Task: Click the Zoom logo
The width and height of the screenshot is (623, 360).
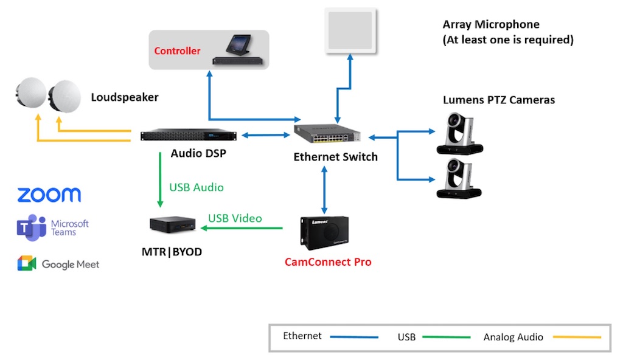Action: coord(49,195)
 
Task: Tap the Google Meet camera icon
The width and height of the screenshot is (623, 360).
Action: coord(27,264)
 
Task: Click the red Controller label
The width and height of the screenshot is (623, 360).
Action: coord(177,51)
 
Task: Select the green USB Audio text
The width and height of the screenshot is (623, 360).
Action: coord(196,187)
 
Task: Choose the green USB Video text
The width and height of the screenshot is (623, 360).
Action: coord(235,218)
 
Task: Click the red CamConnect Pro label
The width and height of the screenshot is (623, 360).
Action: coord(328,262)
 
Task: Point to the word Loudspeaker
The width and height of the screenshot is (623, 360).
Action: coord(125,97)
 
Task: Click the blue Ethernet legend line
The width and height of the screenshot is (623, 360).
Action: coord(351,336)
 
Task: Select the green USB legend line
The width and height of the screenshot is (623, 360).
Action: coord(447,336)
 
